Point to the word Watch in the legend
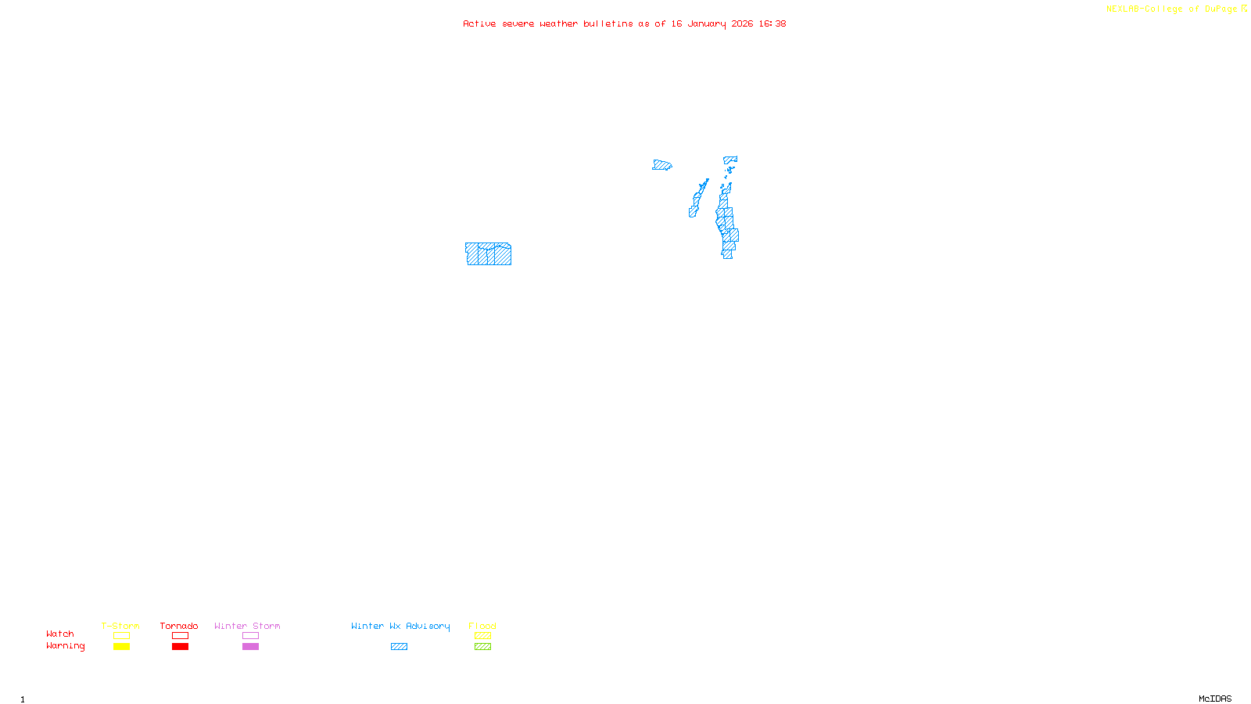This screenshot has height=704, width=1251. [x=60, y=634]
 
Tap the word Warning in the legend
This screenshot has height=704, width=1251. [x=65, y=646]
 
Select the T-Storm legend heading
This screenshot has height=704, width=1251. [x=120, y=626]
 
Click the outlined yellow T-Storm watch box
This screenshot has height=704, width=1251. [x=121, y=636]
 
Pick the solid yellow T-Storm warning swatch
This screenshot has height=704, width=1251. [x=121, y=647]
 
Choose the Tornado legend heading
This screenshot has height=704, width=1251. [x=179, y=626]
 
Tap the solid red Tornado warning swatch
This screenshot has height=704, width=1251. [x=181, y=647]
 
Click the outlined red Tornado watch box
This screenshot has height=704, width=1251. [x=181, y=636]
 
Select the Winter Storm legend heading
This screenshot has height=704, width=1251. [x=247, y=626]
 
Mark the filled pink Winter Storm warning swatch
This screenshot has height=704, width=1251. [x=250, y=647]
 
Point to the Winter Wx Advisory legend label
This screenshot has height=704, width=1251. [x=400, y=626]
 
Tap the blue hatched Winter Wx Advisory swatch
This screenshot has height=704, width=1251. [x=399, y=647]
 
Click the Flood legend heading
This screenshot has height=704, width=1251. [x=482, y=626]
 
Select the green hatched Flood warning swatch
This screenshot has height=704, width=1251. [x=482, y=647]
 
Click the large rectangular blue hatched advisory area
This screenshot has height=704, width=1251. [x=489, y=254]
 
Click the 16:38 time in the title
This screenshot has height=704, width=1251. [x=772, y=23]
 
